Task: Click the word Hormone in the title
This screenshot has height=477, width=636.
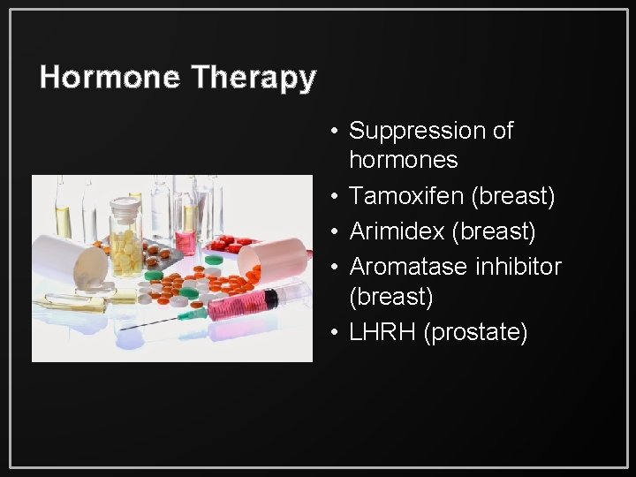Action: point(110,78)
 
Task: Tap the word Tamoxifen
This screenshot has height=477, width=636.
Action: point(406,197)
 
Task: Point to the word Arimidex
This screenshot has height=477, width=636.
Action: point(397,231)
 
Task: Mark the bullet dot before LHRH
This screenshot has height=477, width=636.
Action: point(337,333)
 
